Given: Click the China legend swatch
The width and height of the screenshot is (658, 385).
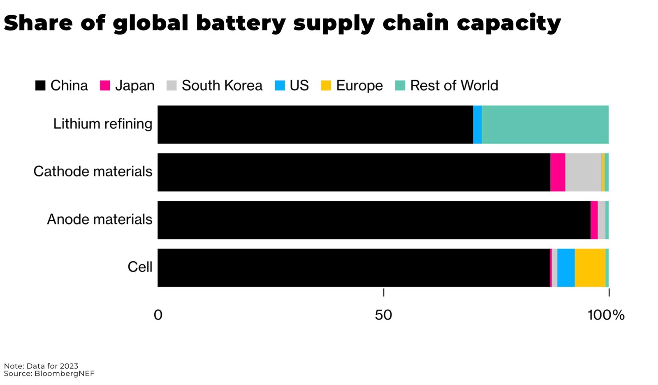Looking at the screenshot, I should coord(40,86).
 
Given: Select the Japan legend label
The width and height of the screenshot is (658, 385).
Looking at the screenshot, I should coord(134,86).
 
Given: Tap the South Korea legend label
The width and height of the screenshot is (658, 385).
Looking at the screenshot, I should coord(222,86).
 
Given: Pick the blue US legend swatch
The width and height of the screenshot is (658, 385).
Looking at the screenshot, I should coord(280,86).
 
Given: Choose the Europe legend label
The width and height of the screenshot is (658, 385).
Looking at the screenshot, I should coord(359,86).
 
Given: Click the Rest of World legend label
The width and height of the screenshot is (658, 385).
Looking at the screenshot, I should coord(454,86).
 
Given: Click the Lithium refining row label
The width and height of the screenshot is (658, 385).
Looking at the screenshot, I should coord(102,124).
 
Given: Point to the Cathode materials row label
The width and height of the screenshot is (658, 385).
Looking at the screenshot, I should coord(93,172).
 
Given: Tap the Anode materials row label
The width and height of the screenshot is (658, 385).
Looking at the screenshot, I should coord(100,219).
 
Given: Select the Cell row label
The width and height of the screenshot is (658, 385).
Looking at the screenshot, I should coord(140,267).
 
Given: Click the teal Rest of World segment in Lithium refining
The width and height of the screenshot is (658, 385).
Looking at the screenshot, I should coord(545,125).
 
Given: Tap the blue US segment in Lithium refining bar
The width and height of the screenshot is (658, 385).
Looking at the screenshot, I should coord(477,125).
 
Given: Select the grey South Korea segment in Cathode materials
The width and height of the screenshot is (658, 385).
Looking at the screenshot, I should coord(583,172).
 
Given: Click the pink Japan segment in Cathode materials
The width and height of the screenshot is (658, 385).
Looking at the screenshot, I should coord(558,172).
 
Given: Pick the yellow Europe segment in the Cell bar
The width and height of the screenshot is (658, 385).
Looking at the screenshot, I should coord(590,268).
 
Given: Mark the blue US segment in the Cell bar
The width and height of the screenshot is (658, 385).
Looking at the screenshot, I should coord(566,268).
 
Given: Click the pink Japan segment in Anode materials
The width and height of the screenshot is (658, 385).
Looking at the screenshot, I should coord(594,220).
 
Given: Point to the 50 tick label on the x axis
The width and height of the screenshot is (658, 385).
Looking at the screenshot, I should coord(383,315).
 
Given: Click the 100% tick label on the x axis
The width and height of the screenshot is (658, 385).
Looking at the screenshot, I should coord(606,315).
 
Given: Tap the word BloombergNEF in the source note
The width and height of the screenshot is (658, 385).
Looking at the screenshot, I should coord(65,373).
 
